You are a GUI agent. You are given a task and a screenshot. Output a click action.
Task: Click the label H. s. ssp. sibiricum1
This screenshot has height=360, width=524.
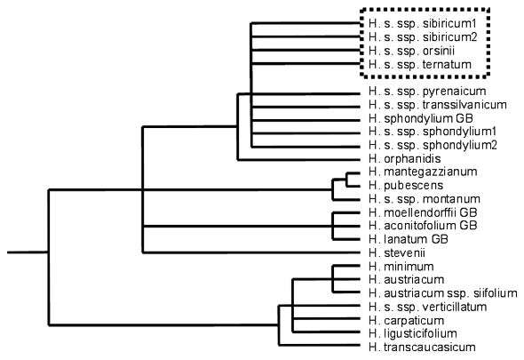point(423,24)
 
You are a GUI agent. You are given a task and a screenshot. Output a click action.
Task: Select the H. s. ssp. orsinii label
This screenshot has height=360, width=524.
point(412,51)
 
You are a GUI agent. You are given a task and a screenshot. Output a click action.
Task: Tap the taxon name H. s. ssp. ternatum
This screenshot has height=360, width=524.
point(420,64)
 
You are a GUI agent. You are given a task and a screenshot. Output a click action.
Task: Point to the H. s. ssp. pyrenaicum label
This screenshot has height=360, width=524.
point(427,92)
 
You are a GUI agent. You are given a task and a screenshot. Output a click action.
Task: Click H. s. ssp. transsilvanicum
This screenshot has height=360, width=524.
point(438,105)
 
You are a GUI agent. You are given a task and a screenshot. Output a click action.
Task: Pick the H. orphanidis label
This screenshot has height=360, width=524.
point(405,158)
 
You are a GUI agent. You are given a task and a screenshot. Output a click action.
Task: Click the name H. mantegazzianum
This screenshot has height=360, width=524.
point(423,172)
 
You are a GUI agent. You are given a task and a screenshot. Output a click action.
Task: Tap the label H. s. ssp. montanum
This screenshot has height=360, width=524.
point(425,199)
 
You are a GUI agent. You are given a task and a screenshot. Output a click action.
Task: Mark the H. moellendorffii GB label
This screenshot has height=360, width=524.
point(423,212)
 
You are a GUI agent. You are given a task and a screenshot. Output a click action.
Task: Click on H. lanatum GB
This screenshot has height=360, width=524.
point(409,239)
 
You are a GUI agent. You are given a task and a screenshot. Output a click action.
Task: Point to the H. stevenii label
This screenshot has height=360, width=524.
point(397,253)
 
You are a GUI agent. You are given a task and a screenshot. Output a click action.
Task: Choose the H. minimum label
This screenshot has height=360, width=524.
point(401,267)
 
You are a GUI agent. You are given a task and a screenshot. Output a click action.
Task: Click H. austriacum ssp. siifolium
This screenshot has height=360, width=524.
point(443,293)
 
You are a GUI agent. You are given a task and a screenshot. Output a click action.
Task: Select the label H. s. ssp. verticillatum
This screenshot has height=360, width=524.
point(428,307)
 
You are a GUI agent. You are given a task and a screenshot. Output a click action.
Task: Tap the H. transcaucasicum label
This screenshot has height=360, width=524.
point(422,348)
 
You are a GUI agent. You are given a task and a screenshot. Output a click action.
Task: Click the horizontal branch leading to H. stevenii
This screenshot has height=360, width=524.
point(251,252)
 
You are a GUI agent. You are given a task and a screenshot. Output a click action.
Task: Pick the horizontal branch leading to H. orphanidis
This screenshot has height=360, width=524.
point(299,160)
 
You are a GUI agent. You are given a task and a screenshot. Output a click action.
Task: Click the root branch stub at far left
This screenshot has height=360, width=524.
point(28,252)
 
